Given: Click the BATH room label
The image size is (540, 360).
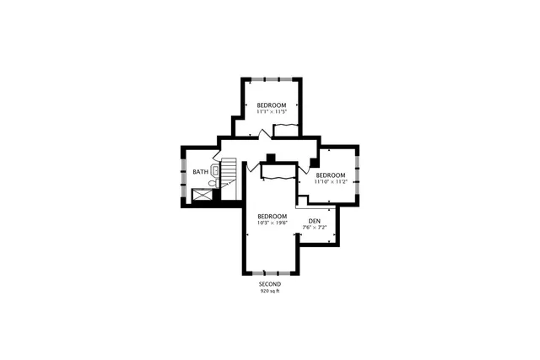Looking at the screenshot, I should (x=200, y=172).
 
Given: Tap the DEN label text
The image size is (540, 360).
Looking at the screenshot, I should (x=314, y=222).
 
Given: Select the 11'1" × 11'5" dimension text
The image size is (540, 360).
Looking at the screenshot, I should (x=272, y=111).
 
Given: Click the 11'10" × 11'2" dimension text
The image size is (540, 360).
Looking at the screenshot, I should (x=331, y=181).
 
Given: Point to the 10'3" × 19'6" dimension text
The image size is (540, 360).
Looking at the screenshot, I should (x=272, y=223).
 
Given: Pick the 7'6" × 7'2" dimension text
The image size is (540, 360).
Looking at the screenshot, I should (x=314, y=228).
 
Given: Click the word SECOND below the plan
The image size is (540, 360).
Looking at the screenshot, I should (x=269, y=284).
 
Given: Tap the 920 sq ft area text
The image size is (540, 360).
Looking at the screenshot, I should (x=269, y=291).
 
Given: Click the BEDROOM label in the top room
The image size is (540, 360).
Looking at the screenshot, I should (x=272, y=105).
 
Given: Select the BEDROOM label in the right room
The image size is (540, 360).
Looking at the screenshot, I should (x=331, y=175).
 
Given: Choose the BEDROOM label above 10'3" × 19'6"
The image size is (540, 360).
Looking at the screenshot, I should (x=272, y=216).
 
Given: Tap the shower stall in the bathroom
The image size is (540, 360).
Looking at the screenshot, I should (x=202, y=196).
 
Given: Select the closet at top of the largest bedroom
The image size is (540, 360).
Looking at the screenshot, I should (x=278, y=172).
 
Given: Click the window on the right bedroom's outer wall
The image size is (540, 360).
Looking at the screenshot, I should (x=358, y=174).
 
